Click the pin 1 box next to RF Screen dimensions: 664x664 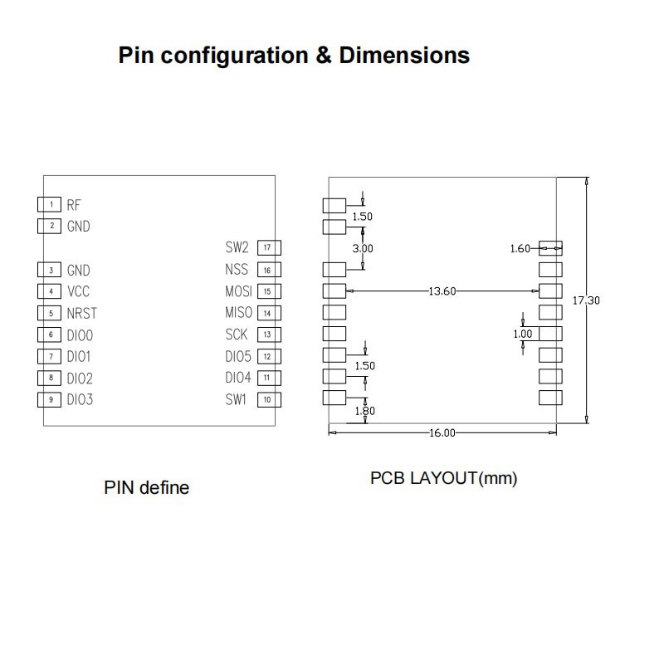point(50,204)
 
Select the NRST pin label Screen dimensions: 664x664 point(81,314)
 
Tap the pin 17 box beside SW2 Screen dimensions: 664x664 point(268,247)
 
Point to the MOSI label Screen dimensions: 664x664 point(238,291)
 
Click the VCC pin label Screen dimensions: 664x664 point(78,292)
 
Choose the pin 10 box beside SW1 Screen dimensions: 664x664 point(268,399)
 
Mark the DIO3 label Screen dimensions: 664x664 point(80,400)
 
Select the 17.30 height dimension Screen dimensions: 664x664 point(585,300)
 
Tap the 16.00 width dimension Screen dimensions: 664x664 point(442,432)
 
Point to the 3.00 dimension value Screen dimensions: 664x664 point(363,248)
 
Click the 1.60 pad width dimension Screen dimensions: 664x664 point(520,248)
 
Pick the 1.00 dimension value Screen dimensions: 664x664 point(522,334)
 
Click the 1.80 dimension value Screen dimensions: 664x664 point(364,411)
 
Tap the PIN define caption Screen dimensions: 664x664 point(146,487)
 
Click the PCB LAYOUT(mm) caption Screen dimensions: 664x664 point(443,479)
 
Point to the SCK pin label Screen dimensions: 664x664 point(237,334)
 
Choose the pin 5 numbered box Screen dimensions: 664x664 point(50,314)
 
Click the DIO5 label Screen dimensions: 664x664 point(237,356)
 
